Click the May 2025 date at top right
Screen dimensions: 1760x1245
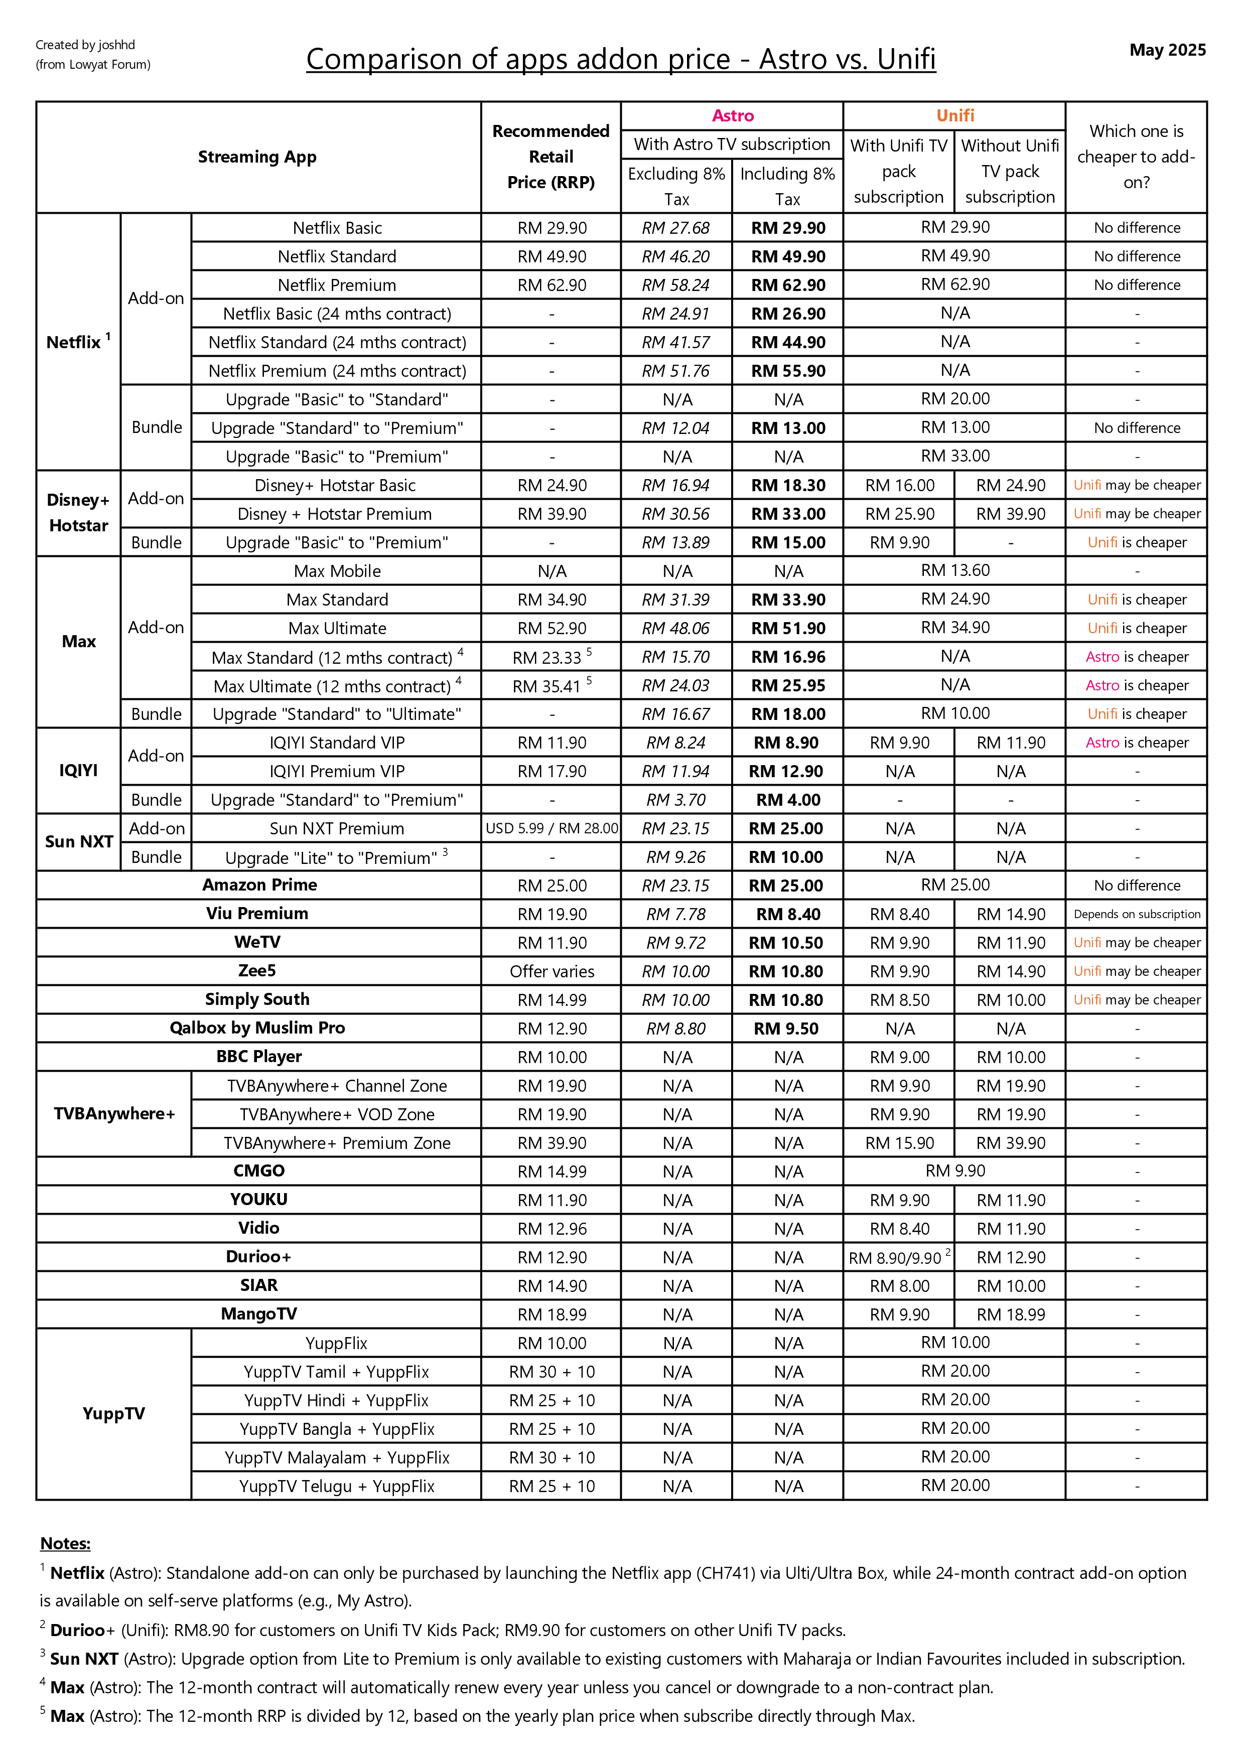click(x=1167, y=50)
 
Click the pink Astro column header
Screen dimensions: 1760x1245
click(x=732, y=116)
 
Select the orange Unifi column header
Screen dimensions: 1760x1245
click(x=954, y=116)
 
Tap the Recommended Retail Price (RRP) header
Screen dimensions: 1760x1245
click(x=550, y=157)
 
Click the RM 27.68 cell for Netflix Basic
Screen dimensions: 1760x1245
click(x=675, y=228)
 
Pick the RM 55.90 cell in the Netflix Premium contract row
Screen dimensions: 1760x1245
click(x=787, y=371)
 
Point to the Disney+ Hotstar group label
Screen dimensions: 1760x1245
click(x=78, y=513)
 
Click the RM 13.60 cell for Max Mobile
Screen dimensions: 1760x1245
click(x=954, y=570)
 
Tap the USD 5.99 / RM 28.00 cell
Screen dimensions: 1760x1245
click(x=551, y=828)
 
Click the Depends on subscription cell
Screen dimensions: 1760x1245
click(x=1136, y=914)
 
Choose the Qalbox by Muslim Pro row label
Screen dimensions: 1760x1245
click(x=257, y=1028)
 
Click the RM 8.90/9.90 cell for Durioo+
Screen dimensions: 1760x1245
click(x=895, y=1258)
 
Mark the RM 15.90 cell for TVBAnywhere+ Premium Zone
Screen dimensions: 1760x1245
click(x=899, y=1143)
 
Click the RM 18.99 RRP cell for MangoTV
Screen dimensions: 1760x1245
click(x=551, y=1314)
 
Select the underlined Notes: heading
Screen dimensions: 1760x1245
click(x=65, y=1543)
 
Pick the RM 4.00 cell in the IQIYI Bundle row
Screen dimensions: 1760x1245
click(x=787, y=800)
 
